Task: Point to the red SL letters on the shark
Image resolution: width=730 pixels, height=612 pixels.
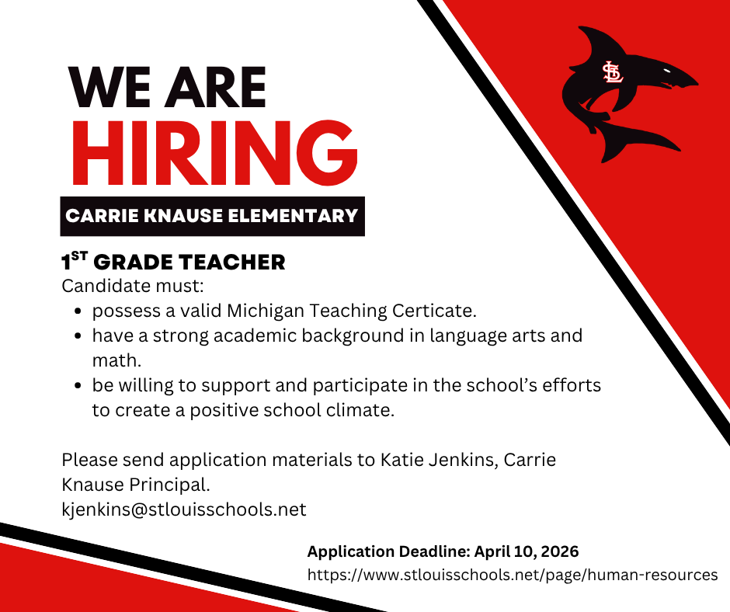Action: tap(613, 72)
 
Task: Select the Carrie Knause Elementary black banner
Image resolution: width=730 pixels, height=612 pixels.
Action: tap(212, 215)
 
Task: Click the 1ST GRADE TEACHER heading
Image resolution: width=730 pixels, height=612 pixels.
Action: tap(173, 263)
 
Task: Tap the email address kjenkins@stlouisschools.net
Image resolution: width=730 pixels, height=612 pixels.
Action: tap(184, 509)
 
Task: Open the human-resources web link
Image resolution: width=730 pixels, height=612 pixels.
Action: tap(513, 575)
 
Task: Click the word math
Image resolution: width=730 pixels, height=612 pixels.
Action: tap(115, 361)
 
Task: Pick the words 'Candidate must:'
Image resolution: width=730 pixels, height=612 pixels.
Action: tap(120, 286)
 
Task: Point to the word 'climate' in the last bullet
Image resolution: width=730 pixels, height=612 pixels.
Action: tap(360, 410)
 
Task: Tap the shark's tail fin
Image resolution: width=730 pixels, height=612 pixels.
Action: tap(648, 140)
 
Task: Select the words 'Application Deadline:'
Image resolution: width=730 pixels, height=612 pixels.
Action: tap(386, 552)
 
